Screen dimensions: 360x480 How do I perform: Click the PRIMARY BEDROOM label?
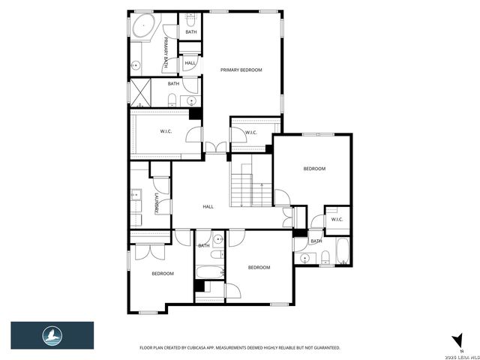[241, 70]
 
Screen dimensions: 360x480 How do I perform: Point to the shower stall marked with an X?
[141, 92]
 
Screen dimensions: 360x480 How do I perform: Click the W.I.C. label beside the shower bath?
[166, 132]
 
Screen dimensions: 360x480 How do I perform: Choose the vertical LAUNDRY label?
[155, 205]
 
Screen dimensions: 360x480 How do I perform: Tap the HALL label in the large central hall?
[208, 206]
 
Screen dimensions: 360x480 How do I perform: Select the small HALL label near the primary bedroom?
[190, 63]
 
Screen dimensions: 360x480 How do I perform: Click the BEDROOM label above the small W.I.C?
[314, 169]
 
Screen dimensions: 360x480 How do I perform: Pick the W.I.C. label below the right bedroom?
[337, 219]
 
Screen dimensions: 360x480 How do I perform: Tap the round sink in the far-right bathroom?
[304, 258]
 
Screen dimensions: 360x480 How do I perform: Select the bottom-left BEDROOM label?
[163, 274]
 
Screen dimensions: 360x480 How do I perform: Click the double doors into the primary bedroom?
[217, 147]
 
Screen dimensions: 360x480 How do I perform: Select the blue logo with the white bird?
[52, 335]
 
